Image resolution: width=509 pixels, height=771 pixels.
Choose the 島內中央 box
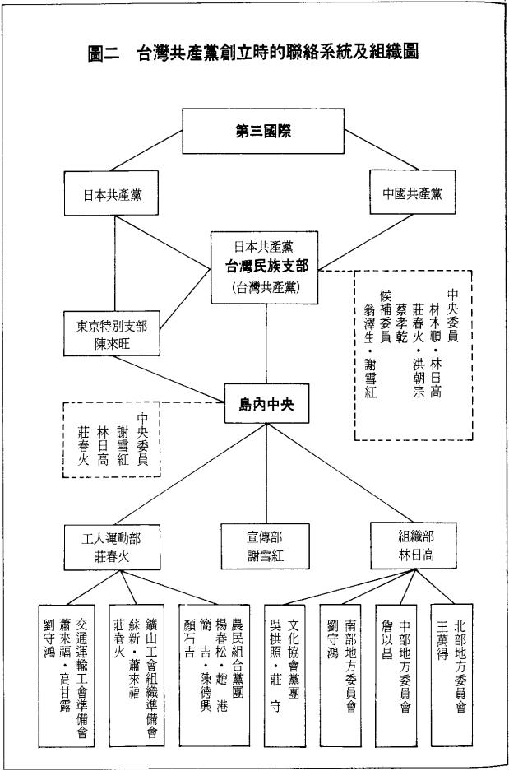pos(266,405)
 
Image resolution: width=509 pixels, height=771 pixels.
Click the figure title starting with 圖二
pos(254,54)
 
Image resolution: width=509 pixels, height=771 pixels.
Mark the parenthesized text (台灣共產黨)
pos(266,285)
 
